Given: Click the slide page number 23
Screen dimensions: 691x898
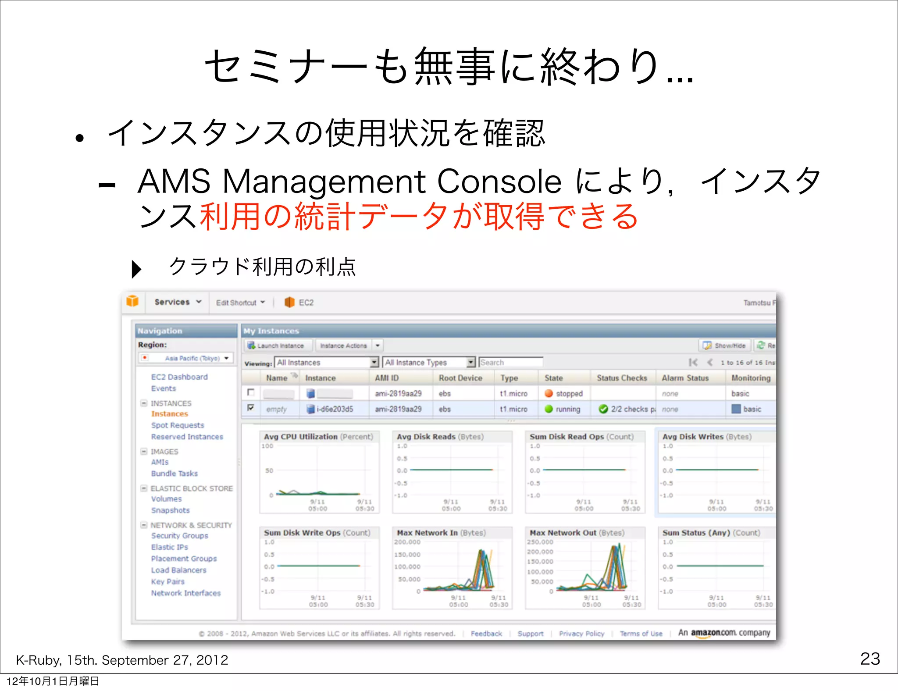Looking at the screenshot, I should coord(870,659).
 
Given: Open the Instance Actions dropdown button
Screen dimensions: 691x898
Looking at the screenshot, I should coord(343,345).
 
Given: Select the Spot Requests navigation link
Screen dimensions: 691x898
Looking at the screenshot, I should coord(178,425).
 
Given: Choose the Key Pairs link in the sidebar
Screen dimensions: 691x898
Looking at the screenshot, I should coord(167,581).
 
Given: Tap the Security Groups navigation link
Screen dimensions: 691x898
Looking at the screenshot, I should coord(179,536).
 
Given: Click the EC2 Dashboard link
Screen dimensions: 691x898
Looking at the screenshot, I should coord(179,377).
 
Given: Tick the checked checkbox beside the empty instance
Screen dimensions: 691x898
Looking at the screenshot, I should coord(251,408).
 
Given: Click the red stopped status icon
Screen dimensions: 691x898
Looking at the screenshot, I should coord(549,393).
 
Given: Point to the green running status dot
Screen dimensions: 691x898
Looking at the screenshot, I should coord(549,409).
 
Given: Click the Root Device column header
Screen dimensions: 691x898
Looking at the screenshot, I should coord(460,378).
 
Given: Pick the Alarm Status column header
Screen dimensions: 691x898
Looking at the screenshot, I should coord(685,378).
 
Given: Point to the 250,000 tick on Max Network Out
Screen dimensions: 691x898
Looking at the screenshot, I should coord(540,542).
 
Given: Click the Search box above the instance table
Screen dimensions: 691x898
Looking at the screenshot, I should coord(511,362).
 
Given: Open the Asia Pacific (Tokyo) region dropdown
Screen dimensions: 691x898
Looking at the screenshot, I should coord(186,358).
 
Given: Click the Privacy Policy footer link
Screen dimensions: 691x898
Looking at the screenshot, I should coord(581,634).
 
